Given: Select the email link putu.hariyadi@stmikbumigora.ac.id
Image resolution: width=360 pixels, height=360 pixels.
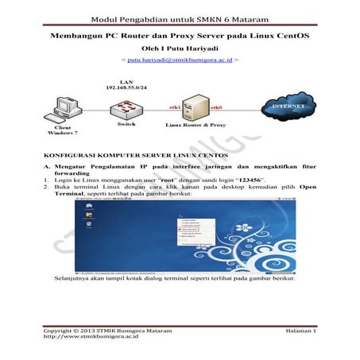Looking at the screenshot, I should [x=180, y=60].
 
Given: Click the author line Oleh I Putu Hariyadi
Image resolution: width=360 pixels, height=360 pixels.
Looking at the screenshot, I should [x=180, y=48].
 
